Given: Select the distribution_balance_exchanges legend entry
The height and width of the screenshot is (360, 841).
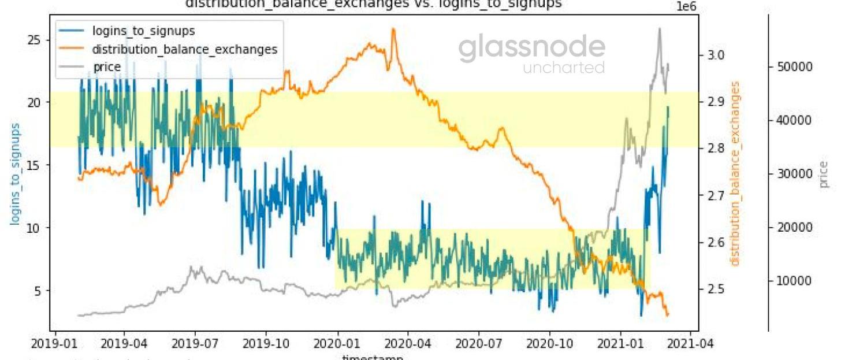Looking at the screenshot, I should point(184,49).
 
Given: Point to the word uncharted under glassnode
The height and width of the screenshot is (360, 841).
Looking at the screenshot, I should point(564,68).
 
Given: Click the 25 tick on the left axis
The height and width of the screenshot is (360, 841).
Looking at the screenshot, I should point(36,40).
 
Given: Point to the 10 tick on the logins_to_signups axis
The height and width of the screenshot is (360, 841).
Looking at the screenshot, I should point(36,228).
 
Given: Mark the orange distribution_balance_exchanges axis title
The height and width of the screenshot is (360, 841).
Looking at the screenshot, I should point(735,173).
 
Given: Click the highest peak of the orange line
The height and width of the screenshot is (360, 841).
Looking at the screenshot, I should point(393,29).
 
